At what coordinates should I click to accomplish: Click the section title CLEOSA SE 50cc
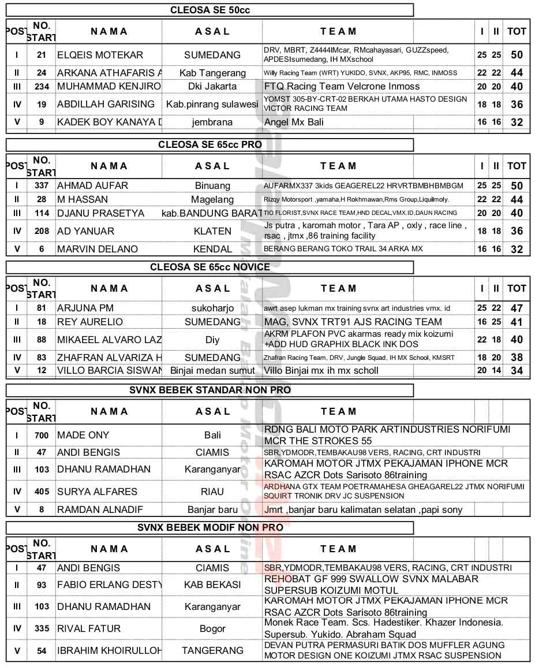(x=210, y=10)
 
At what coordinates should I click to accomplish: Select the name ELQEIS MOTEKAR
(x=100, y=55)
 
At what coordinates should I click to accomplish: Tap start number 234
(x=42, y=87)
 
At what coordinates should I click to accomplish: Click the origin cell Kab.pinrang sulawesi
(x=212, y=104)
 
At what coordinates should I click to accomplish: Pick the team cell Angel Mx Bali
(x=294, y=122)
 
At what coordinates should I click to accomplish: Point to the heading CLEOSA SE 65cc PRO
(x=210, y=144)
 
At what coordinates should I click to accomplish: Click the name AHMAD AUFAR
(x=93, y=185)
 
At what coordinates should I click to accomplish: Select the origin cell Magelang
(x=212, y=199)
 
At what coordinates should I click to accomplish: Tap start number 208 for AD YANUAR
(x=42, y=231)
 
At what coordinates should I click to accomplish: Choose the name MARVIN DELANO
(x=98, y=249)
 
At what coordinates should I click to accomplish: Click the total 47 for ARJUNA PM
(x=517, y=308)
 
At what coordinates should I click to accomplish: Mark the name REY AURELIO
(x=90, y=322)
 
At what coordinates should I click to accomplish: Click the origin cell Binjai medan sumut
(x=212, y=370)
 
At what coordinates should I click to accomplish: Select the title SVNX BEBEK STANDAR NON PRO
(x=210, y=390)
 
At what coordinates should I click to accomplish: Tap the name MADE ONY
(x=83, y=435)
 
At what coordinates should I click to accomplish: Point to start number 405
(x=42, y=492)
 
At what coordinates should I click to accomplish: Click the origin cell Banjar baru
(x=212, y=510)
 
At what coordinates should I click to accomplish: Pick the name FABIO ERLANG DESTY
(x=109, y=585)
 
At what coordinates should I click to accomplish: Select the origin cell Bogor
(x=212, y=628)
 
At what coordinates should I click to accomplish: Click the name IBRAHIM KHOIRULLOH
(x=109, y=650)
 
